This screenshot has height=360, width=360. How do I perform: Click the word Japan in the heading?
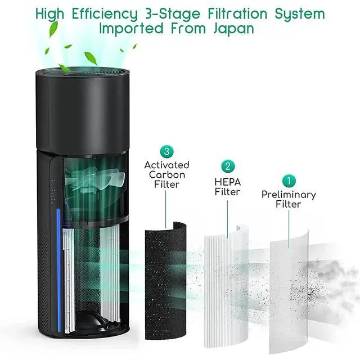pos(234,29)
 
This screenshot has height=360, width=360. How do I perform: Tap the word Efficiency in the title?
pos(105,14)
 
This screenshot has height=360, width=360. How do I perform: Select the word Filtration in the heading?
pos(237,13)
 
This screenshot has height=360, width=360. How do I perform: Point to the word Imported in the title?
pos(131,29)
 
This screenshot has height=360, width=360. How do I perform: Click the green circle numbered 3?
pos(167,151)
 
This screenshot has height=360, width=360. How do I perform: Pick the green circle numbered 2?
pos(228,166)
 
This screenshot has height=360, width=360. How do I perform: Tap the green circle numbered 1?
pos(289,181)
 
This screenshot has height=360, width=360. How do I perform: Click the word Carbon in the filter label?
pos(167,175)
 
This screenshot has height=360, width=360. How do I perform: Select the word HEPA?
pos(227,182)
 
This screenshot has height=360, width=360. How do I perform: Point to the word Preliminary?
pos(289,195)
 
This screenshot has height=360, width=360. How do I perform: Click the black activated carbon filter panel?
pos(165,281)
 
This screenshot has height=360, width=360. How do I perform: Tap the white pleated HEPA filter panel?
pos(227,286)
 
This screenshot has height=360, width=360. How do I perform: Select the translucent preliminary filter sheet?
pos(289,291)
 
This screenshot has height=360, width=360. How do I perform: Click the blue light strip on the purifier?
pos(58,270)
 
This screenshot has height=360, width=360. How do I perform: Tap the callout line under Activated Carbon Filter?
pos(166,209)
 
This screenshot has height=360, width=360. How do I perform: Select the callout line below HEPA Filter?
pos(227,219)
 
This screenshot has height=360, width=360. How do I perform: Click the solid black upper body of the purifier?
pos(82,110)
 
